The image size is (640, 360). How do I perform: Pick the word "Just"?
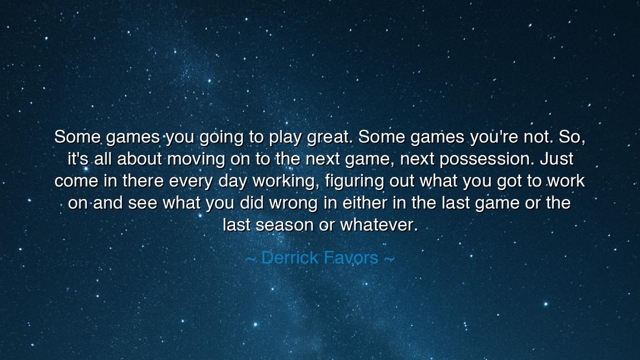coord(556,159)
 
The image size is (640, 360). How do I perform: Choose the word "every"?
coord(191,181)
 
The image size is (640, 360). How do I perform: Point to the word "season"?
coord(285,225)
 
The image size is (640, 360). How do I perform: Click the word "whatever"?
coord(378,225)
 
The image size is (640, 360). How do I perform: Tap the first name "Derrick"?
coord(289,257)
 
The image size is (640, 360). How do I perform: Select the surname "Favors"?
coord(350,257)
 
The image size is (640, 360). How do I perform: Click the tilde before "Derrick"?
coord(251,258)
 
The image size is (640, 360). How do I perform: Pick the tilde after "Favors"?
coord(389,258)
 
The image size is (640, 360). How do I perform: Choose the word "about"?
coord(139,159)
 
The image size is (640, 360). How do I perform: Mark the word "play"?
coord(285,137)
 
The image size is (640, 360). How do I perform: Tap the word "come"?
coord(76,181)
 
